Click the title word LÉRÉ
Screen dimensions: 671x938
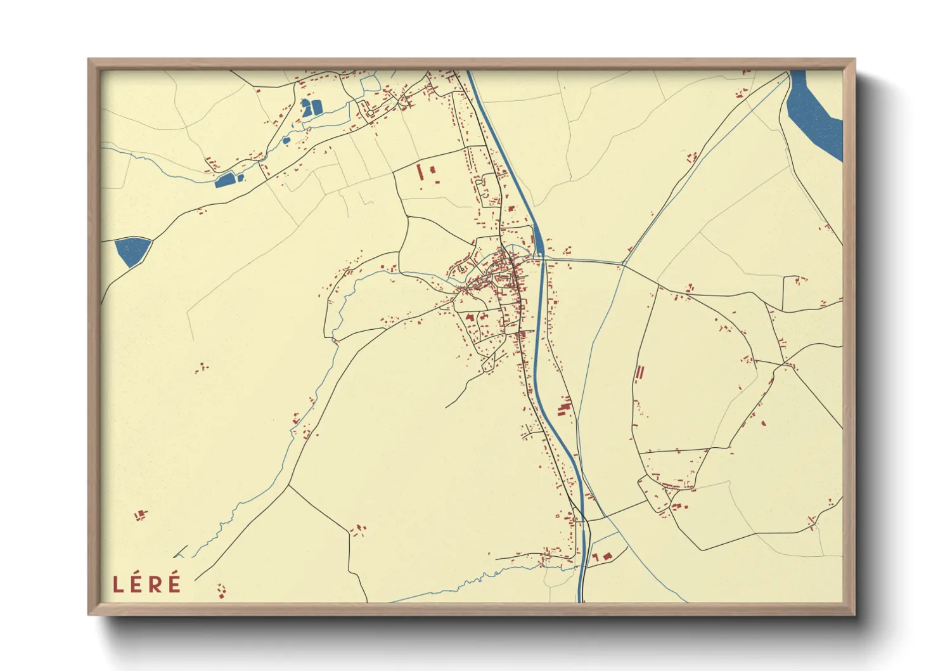[147, 584]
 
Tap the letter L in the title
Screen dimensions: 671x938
[118, 585]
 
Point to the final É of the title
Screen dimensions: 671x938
[174, 583]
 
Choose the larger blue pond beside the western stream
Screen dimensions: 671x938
[226, 180]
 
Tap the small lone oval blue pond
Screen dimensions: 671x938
[286, 140]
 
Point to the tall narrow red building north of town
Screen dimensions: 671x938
[420, 172]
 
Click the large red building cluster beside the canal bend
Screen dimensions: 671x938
[563, 407]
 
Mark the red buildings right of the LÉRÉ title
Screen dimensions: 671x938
[221, 591]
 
